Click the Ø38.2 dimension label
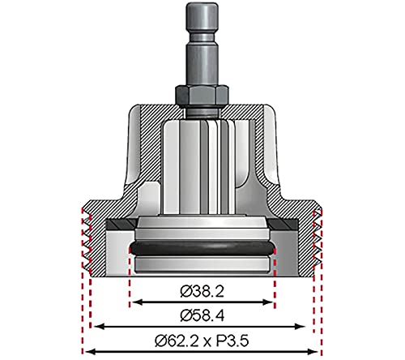pyautogui.click(x=202, y=289)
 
